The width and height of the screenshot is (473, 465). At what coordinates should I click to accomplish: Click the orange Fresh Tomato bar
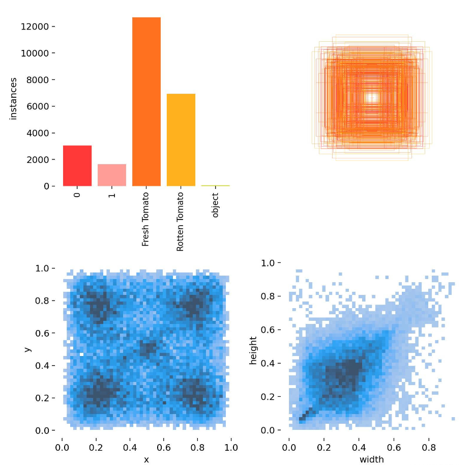pyautogui.click(x=146, y=102)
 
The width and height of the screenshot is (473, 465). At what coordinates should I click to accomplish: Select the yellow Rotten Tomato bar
pyautogui.click(x=181, y=140)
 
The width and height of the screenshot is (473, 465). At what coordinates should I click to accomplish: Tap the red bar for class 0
pyautogui.click(x=77, y=166)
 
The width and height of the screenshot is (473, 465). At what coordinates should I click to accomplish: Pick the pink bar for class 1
pyautogui.click(x=112, y=175)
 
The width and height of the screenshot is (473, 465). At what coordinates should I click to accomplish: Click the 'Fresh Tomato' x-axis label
pyautogui.click(x=146, y=220)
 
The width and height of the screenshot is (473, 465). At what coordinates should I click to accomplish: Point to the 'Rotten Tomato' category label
pyautogui.click(x=181, y=222)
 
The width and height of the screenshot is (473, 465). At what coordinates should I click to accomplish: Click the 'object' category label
pyautogui.click(x=215, y=205)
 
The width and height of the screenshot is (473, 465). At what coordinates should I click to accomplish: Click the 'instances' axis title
pyautogui.click(x=13, y=99)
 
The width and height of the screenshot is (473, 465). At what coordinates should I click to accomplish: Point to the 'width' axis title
pyautogui.click(x=372, y=459)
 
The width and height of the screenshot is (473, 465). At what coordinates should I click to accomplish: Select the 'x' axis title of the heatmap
pyautogui.click(x=146, y=459)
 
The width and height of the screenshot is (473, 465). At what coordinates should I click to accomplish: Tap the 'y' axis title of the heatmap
pyautogui.click(x=26, y=349)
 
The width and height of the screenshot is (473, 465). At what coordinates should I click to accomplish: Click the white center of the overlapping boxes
pyautogui.click(x=372, y=97)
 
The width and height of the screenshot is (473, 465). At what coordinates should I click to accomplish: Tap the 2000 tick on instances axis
pyautogui.click(x=39, y=159)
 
